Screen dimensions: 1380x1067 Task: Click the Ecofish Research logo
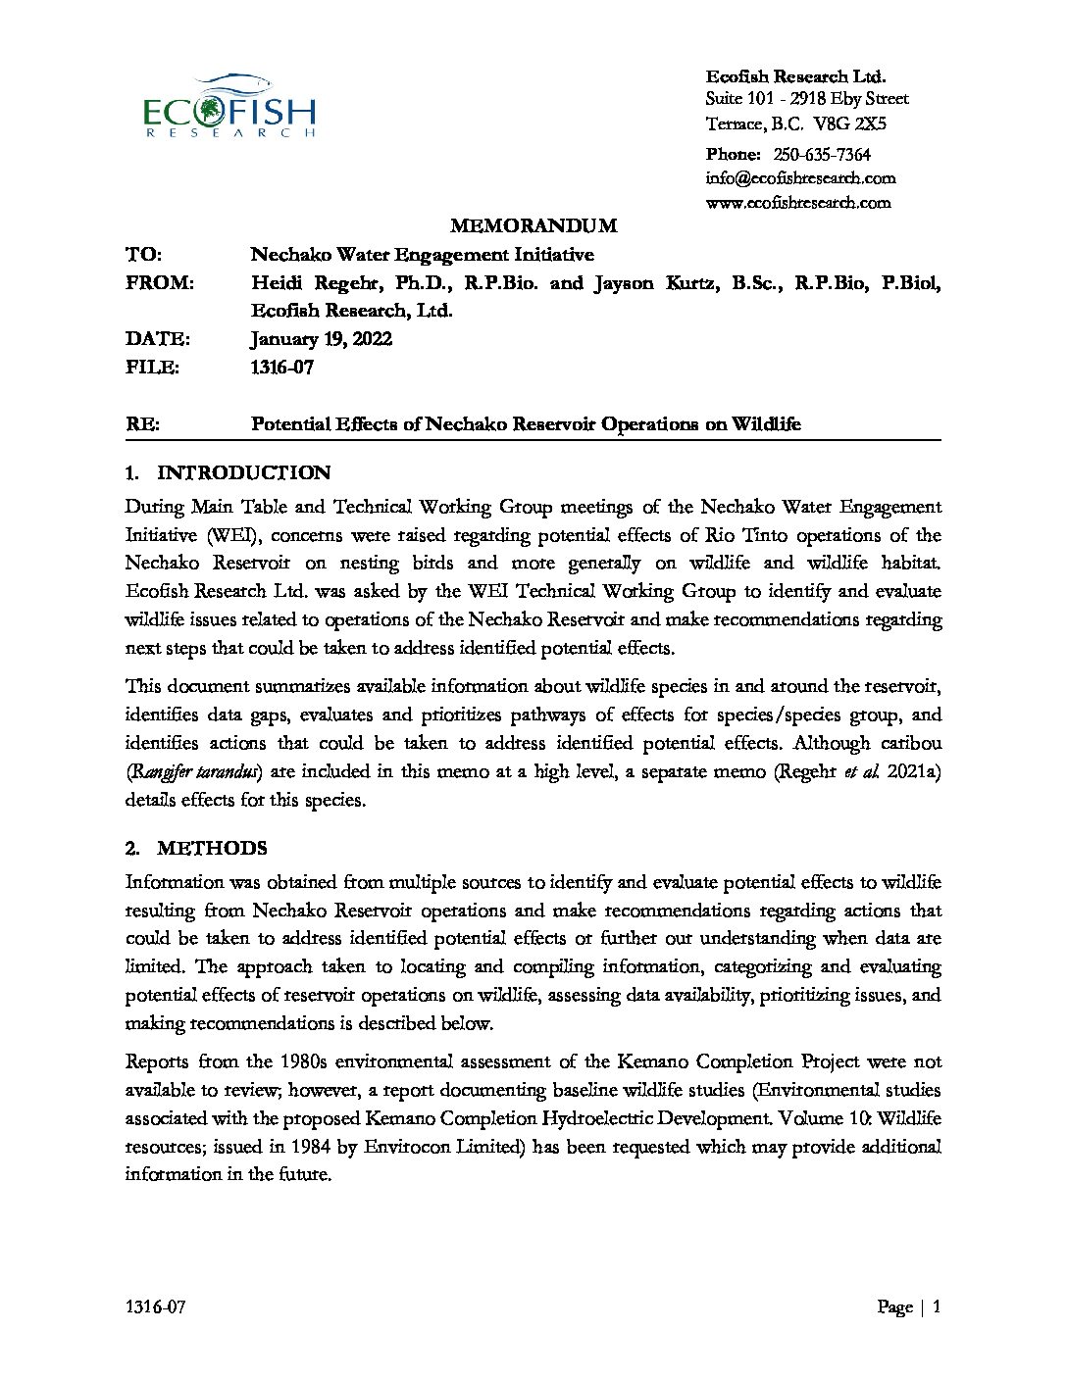(x=229, y=106)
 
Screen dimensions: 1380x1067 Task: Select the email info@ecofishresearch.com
(x=800, y=178)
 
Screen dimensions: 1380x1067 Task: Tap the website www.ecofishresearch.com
(x=798, y=203)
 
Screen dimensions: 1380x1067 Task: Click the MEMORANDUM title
(x=533, y=226)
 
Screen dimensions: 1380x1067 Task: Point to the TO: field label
(x=143, y=255)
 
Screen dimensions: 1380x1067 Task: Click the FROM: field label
(x=160, y=283)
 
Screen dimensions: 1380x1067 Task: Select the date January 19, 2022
(x=322, y=339)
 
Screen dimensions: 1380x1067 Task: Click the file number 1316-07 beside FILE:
(x=282, y=368)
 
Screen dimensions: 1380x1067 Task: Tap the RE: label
(x=142, y=424)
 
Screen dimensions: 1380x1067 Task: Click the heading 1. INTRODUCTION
(x=229, y=473)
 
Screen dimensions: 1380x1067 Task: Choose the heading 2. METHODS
(x=196, y=849)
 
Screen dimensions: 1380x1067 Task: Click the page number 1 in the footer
(x=937, y=1307)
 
